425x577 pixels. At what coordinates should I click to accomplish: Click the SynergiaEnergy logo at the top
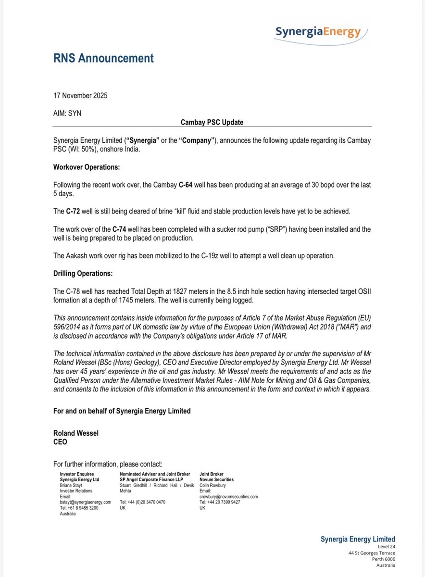point(318,32)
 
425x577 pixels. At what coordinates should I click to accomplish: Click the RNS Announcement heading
point(103,59)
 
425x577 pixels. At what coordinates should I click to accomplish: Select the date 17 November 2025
point(80,95)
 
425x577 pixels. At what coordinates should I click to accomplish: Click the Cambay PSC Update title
point(212,122)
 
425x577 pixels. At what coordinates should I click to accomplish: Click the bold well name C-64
point(187,185)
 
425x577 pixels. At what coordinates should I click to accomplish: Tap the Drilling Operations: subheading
point(83,274)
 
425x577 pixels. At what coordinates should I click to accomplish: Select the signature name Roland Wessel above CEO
point(76,433)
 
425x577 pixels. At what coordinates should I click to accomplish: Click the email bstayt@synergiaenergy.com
point(85,502)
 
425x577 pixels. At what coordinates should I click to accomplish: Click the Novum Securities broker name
point(216,479)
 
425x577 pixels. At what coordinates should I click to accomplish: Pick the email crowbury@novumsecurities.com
point(229,496)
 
